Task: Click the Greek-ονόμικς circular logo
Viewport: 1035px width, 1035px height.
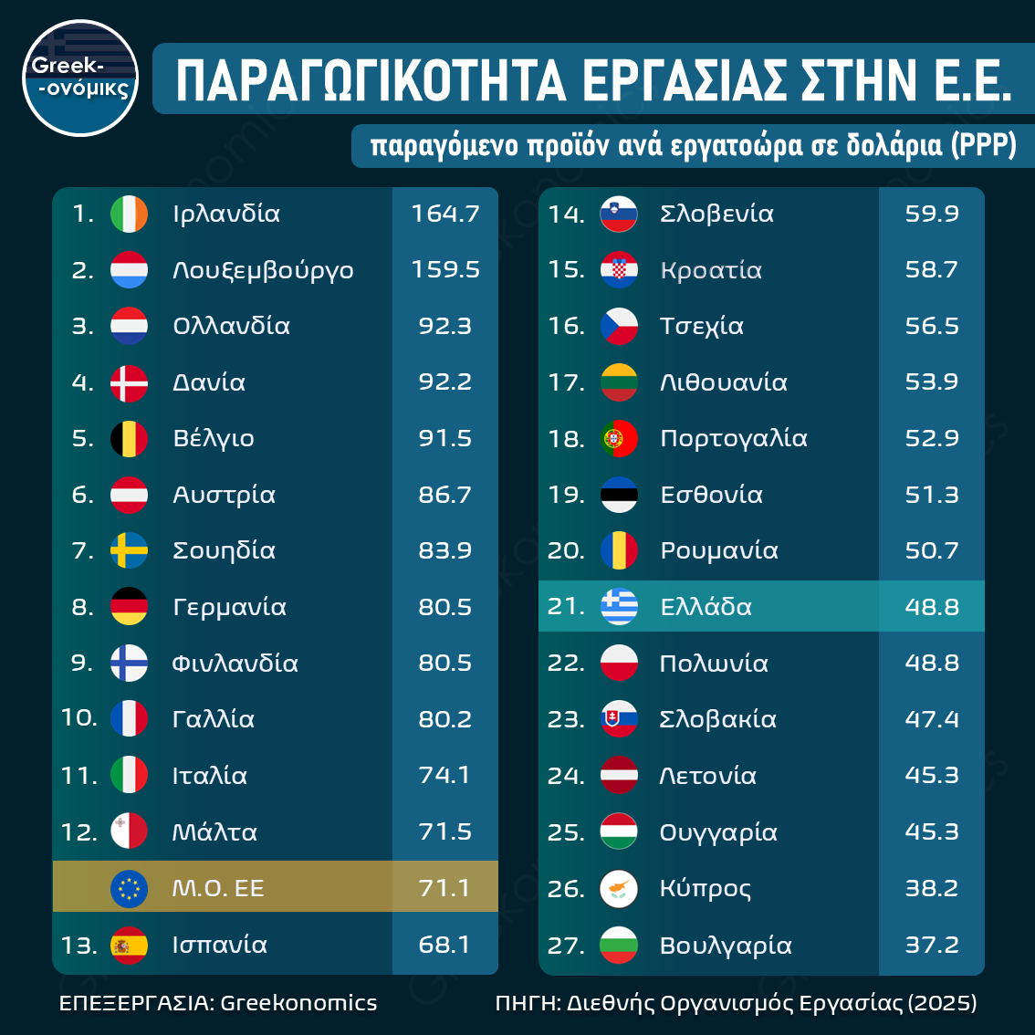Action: [x=80, y=78]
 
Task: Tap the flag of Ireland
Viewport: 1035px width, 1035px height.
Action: [x=129, y=214]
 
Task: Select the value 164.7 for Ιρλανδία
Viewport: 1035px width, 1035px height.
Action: [x=445, y=214]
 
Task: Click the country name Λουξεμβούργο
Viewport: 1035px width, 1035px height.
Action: [x=263, y=271]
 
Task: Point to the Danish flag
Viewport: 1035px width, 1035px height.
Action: [x=129, y=383]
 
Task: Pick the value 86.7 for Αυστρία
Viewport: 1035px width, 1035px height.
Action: [x=445, y=495]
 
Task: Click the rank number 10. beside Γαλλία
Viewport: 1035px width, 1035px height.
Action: [x=79, y=719]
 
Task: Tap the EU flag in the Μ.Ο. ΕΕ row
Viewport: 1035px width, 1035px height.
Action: [x=129, y=888]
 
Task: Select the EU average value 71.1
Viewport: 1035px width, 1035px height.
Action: [x=444, y=887]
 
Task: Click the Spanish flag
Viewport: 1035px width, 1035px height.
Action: [x=129, y=945]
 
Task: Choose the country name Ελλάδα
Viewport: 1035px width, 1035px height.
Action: [x=706, y=607]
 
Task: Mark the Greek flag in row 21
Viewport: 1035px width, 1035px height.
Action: [x=619, y=607]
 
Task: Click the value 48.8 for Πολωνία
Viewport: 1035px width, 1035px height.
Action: [x=932, y=664]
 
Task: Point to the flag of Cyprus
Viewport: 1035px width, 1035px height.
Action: [x=619, y=888]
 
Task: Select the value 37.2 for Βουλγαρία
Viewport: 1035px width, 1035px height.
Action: [x=932, y=945]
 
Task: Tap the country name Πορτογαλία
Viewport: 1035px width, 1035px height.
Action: [x=734, y=439]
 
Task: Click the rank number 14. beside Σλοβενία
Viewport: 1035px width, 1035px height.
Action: [x=566, y=214]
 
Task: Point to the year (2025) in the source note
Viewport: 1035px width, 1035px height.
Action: [x=942, y=1003]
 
